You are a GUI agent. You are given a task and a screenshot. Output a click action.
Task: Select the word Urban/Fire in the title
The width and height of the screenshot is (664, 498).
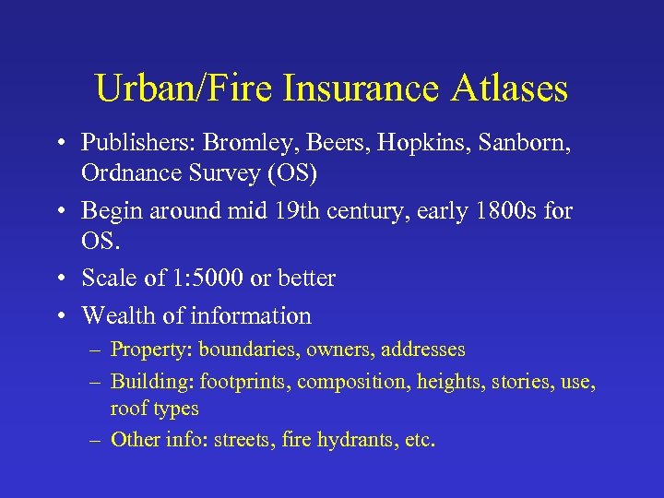click(x=187, y=89)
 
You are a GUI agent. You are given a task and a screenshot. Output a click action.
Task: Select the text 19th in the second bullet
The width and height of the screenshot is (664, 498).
click(x=290, y=211)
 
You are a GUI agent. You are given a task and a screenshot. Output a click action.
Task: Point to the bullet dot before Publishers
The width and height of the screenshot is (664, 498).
click(x=58, y=144)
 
